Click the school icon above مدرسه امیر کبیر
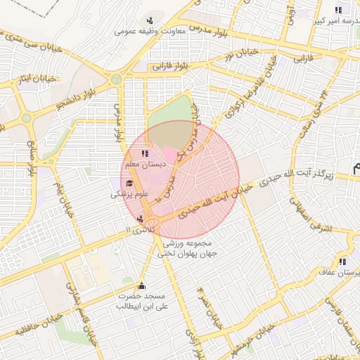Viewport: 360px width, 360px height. [338, 11]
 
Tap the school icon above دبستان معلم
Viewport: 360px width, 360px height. [145, 153]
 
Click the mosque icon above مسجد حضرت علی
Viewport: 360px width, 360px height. [141, 286]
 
